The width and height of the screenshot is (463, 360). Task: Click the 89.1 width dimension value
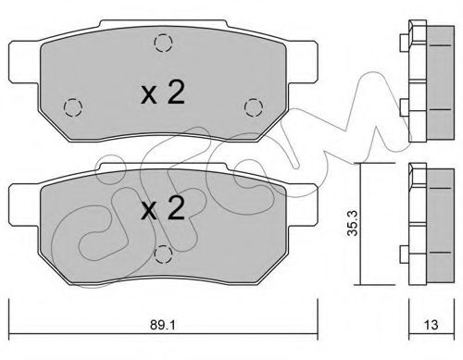163,325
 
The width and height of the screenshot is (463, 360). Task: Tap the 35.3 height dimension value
352,223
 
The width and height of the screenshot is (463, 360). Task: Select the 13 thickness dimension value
431,325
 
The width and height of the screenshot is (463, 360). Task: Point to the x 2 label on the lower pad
163,208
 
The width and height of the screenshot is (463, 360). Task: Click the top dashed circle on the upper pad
163,43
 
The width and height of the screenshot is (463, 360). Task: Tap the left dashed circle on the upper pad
73,107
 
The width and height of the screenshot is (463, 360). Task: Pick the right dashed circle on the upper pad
254,107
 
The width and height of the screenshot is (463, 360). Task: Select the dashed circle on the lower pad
163,254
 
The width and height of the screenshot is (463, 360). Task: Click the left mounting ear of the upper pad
25,62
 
